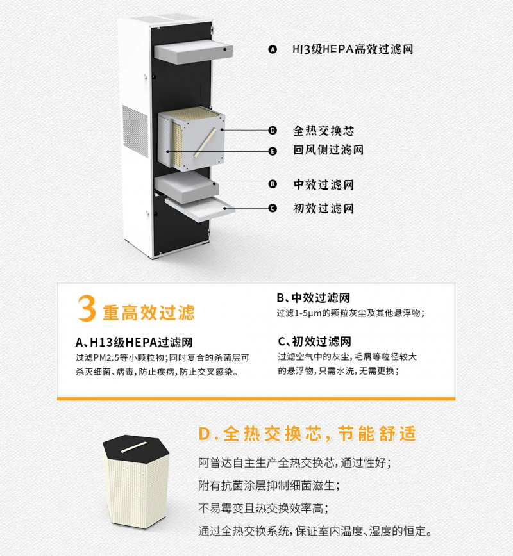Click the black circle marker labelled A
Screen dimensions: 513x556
coord(273,49)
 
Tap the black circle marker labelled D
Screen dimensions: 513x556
coord(273,131)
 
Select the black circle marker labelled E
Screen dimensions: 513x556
coord(273,151)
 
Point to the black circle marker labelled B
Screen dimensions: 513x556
coord(273,184)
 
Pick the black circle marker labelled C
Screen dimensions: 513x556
coord(273,208)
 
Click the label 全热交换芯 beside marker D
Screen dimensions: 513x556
coord(323,131)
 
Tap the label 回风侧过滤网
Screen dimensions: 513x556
coord(328,150)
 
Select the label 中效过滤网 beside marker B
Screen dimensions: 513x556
coord(323,184)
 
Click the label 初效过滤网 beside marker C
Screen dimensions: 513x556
coord(323,208)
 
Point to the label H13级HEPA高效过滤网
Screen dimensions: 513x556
coord(353,49)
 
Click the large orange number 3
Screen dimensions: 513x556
coord(87,308)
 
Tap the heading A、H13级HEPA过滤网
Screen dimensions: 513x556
coord(134,342)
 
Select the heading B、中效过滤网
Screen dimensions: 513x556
coord(313,297)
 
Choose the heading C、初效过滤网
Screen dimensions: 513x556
coord(314,341)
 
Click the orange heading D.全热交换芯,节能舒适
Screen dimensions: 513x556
coord(307,434)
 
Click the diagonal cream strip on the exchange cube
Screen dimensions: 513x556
coord(205,143)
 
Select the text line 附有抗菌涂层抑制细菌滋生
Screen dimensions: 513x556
coord(269,486)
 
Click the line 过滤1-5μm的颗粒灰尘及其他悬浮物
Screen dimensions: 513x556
coord(350,313)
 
